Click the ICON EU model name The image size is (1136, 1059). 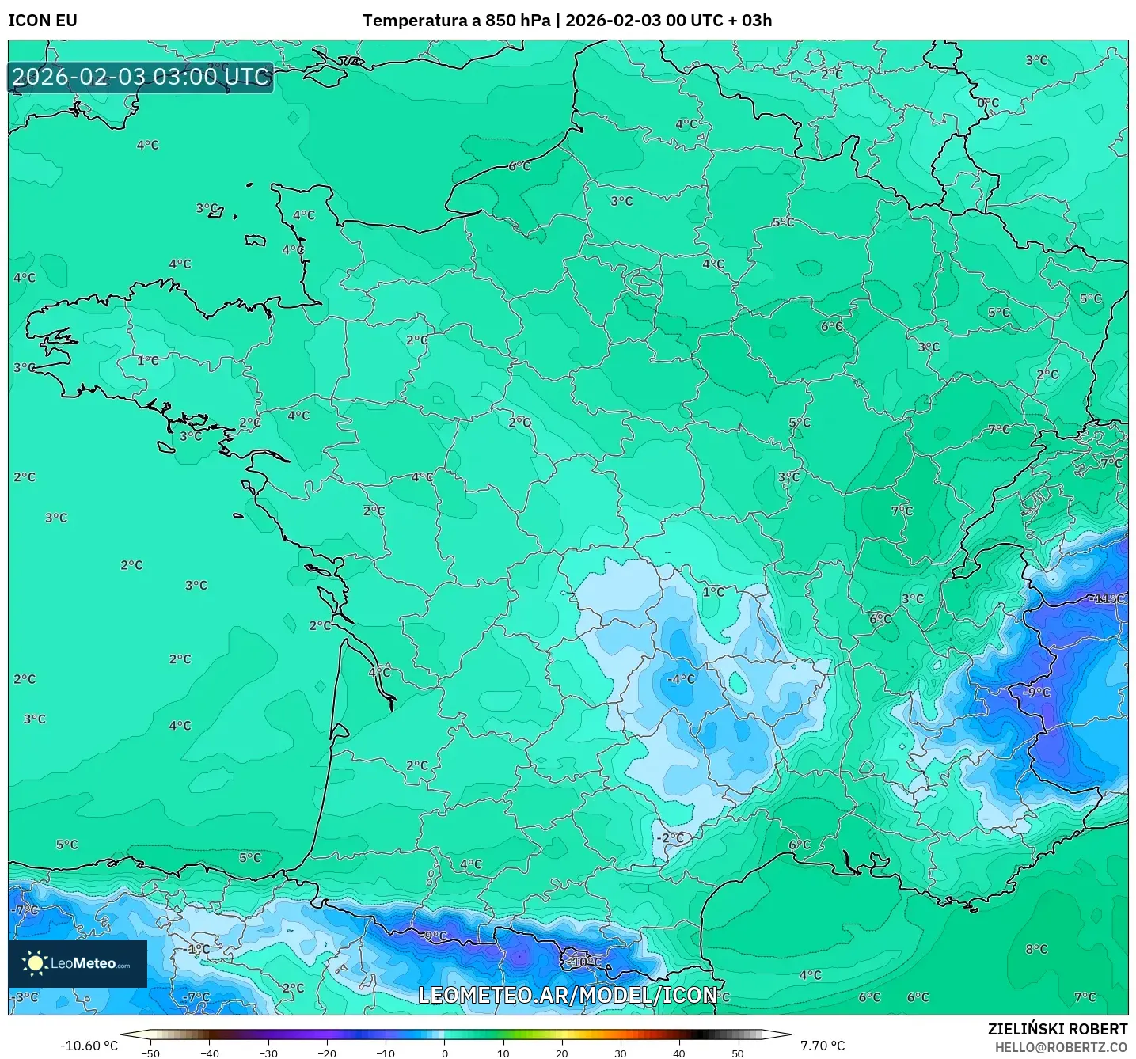(x=43, y=21)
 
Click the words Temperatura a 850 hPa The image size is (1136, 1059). (x=456, y=21)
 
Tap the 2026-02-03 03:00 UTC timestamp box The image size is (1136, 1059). (x=141, y=77)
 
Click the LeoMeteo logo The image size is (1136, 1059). (x=78, y=963)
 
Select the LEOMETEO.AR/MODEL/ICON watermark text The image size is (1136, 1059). (x=568, y=995)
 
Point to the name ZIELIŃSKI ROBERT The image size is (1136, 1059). (x=1058, y=1029)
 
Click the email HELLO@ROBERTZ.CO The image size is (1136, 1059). (x=1061, y=1047)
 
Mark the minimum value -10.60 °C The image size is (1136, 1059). (x=89, y=1046)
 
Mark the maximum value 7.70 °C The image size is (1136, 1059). (x=823, y=1046)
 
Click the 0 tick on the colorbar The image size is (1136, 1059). (x=444, y=1053)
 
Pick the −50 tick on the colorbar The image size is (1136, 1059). (x=150, y=1053)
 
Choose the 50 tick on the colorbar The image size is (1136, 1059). (x=738, y=1053)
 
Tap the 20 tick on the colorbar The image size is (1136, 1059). (x=561, y=1053)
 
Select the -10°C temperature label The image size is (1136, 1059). (x=585, y=962)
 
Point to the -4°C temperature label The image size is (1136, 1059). (x=681, y=679)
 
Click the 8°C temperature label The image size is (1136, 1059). (x=1036, y=949)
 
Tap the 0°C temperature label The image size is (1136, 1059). (x=988, y=103)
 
